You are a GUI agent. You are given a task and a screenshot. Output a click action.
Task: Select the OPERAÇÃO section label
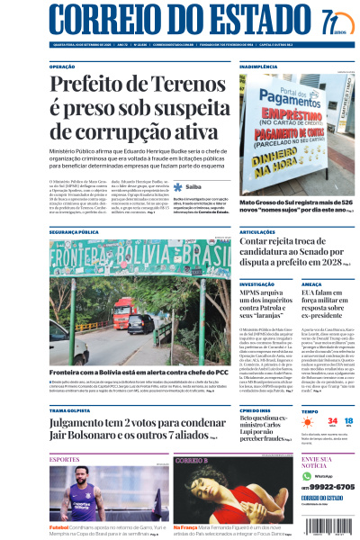pos(62,67)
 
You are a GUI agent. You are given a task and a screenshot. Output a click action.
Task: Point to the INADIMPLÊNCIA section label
pos(258,67)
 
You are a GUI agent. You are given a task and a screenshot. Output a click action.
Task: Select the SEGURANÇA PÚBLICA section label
pos(75,232)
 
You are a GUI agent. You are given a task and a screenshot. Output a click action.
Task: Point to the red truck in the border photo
pos(124,314)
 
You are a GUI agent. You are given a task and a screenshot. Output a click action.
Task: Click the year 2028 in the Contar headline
pos(329,262)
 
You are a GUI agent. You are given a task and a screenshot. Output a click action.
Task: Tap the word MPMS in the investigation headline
pos(255,293)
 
